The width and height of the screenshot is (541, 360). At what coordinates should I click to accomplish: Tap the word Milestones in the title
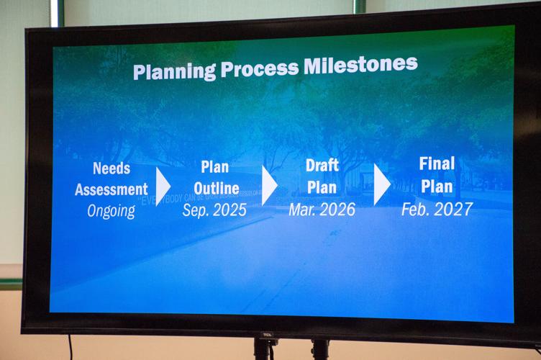360,64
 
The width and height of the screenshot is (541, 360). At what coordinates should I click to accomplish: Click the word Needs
112,169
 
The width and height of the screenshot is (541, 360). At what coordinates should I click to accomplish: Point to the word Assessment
112,190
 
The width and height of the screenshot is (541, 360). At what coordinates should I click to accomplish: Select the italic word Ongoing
111,211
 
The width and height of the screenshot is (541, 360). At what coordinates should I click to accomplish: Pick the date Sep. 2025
214,210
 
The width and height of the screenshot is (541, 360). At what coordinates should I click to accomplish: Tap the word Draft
322,166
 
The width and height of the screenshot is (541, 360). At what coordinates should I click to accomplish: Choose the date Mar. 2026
322,210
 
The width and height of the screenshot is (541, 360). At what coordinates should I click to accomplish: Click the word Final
437,163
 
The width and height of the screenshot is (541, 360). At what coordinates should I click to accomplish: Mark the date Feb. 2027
437,209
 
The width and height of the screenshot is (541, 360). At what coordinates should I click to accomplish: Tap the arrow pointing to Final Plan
381,186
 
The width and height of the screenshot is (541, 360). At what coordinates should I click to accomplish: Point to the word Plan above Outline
214,168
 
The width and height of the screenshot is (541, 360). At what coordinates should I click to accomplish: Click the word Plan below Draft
322,187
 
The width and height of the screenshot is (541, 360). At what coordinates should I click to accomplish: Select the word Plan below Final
437,186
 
